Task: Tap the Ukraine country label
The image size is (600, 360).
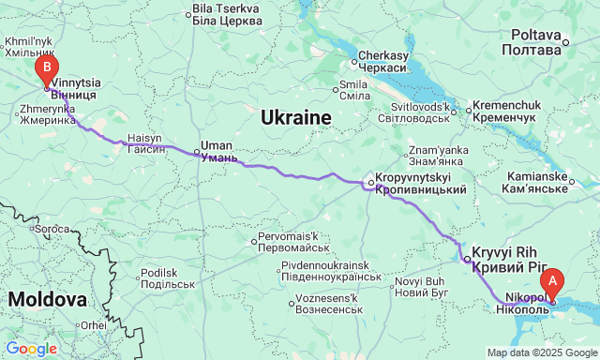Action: pyautogui.click(x=296, y=118)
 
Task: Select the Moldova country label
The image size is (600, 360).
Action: pyautogui.click(x=47, y=300)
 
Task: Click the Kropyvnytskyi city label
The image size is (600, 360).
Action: pyautogui.click(x=420, y=184)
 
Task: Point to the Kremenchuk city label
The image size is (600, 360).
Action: pyautogui.click(x=503, y=112)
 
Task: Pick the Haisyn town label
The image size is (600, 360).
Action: pyautogui.click(x=147, y=142)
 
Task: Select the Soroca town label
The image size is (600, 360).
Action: pyautogui.click(x=52, y=229)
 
